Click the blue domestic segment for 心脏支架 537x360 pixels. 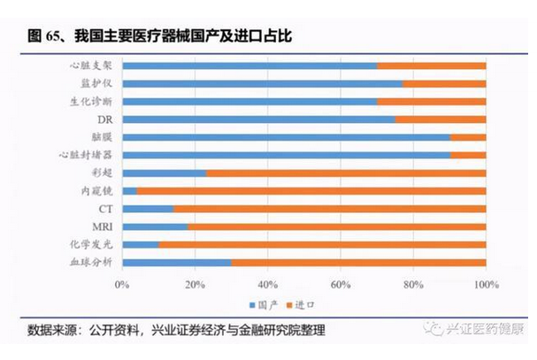(249, 65)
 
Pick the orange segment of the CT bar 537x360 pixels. (329, 209)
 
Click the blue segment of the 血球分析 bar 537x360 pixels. (176, 262)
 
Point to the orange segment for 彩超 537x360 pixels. (345, 172)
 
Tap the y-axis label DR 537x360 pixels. (104, 119)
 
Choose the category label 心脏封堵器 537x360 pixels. (86, 155)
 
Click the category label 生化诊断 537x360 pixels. (90, 101)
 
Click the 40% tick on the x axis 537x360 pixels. (267, 285)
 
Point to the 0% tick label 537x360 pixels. (122, 285)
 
